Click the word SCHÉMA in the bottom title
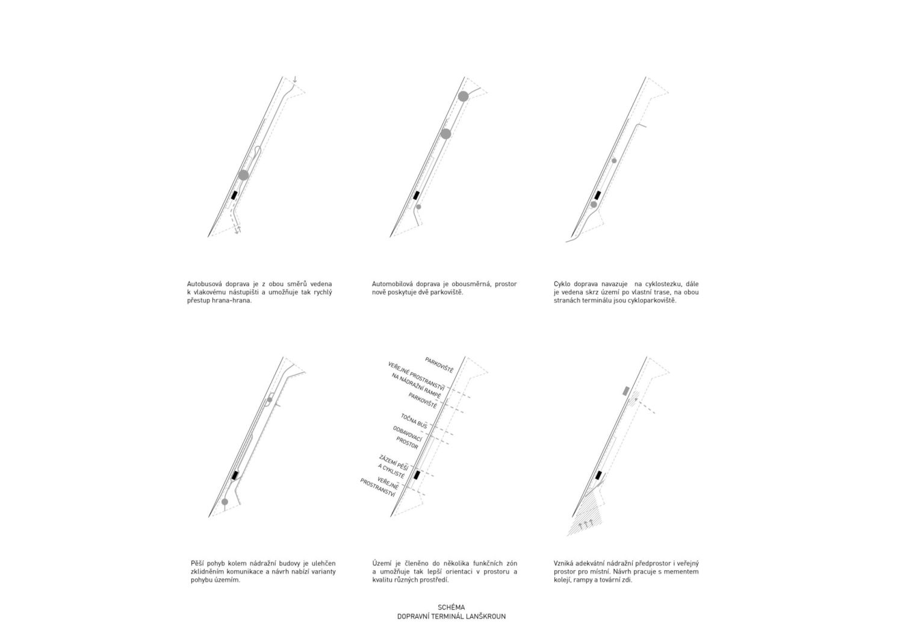pos(451,607)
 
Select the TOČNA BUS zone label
pos(414,421)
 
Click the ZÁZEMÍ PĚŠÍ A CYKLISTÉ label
pos(393,467)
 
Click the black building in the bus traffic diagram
pos(234,195)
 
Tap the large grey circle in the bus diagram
pos(243,175)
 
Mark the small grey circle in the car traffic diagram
pos(418,207)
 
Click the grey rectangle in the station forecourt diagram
pos(626,391)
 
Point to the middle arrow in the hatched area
pos(586,524)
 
